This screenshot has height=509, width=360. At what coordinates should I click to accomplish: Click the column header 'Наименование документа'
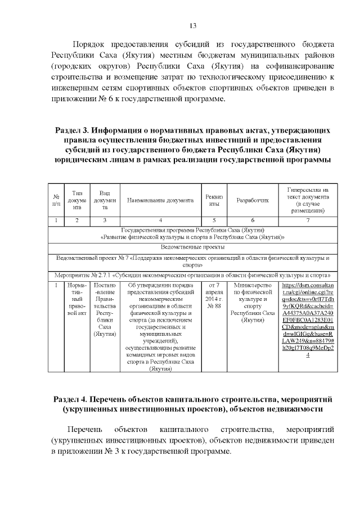161,200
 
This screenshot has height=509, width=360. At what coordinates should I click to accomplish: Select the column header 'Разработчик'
253,200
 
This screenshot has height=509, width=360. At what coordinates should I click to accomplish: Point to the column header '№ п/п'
56,200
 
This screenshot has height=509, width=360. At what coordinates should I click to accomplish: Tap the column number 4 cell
161,220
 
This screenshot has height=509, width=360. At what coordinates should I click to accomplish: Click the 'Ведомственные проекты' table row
192,247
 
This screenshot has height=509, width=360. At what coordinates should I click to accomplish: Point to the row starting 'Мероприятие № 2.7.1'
192,276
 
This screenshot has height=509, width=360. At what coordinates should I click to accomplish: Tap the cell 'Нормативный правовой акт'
77,299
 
